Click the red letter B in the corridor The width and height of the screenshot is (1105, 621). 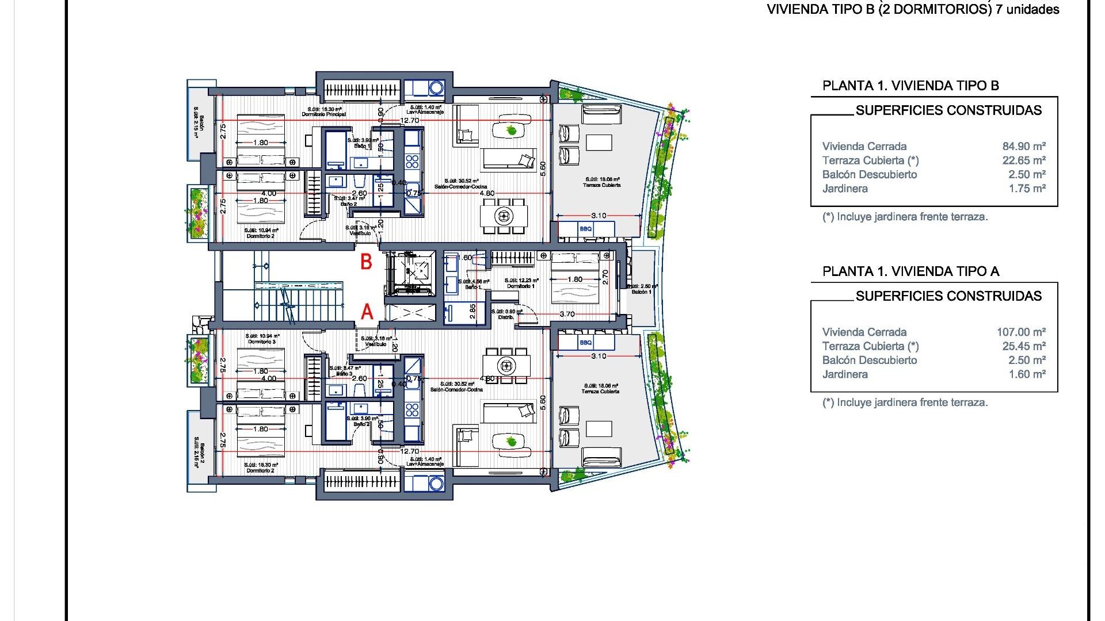[366, 262]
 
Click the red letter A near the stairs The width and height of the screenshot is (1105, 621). [367, 312]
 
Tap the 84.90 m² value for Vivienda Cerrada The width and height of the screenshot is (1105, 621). [1024, 147]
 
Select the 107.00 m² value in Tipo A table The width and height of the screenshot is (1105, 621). [1021, 332]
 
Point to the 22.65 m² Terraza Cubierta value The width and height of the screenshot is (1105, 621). [1024, 160]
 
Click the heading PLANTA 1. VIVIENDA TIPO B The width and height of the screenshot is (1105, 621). [910, 86]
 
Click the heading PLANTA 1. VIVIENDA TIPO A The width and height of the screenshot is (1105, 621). [910, 271]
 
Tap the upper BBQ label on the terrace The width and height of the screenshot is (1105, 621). [585, 229]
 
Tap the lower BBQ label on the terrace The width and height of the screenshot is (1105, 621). [585, 343]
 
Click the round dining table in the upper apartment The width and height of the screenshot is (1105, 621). [504, 216]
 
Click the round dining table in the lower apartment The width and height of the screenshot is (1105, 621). [506, 365]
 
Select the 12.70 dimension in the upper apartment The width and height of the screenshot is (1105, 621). [409, 121]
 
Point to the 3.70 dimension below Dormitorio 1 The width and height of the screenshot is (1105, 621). [567, 314]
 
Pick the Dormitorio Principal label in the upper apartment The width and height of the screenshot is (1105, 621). [324, 114]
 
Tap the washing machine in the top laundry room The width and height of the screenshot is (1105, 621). [436, 88]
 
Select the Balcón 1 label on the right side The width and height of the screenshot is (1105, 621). [642, 292]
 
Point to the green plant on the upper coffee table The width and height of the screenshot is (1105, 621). [511, 131]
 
